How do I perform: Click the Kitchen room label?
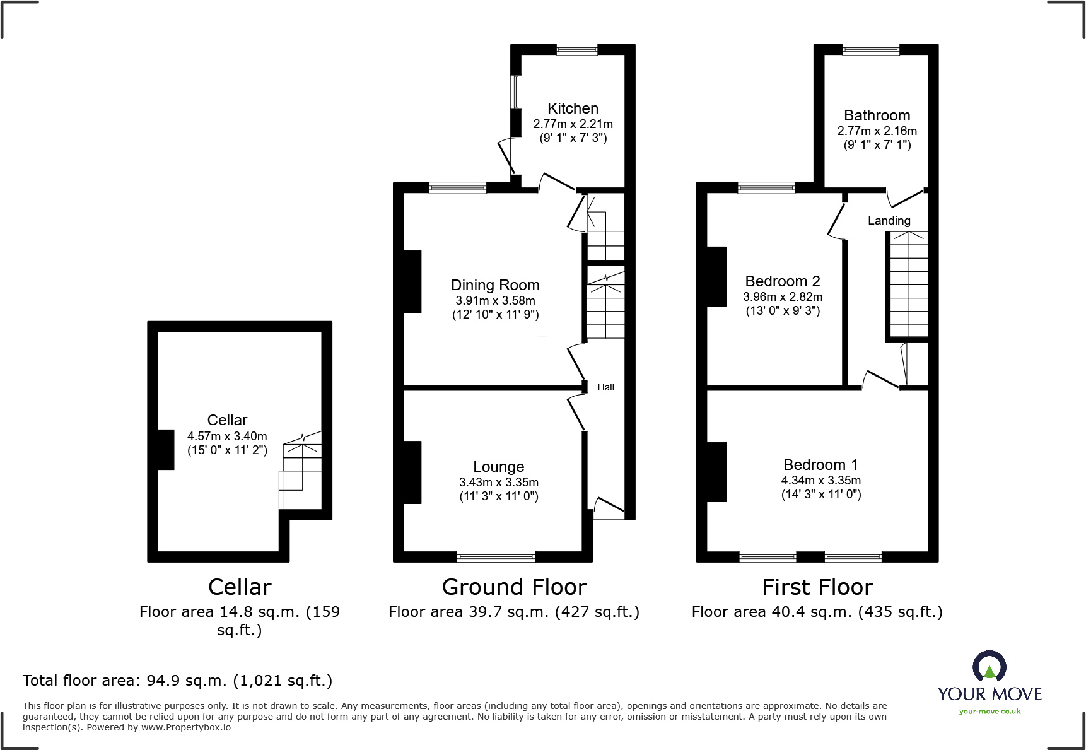point(573,108)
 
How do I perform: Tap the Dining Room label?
point(495,285)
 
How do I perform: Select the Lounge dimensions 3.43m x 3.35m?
point(499,482)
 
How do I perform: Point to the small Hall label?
point(605,387)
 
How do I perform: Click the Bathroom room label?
point(877,115)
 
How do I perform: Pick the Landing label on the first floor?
point(889,221)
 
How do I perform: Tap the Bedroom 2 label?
point(783,281)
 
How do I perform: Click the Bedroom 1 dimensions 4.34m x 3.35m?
point(821,480)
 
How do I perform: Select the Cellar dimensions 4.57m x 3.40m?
point(227,436)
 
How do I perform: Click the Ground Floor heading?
point(514,587)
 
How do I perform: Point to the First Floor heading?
point(817,587)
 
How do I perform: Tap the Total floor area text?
point(177,681)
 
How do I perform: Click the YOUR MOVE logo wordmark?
point(990,694)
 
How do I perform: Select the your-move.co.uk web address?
point(990,712)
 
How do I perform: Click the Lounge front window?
point(496,556)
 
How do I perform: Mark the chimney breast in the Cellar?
point(166,450)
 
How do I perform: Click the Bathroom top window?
point(871,49)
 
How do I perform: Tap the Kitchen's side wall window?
point(516,92)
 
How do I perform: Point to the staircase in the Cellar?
point(301,470)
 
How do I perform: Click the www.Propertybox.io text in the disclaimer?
point(186,727)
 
